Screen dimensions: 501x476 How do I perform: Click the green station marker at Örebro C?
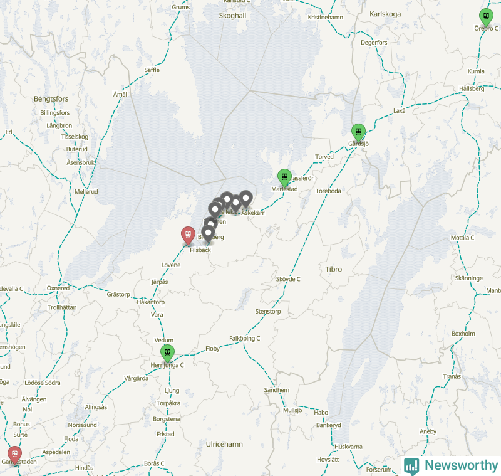485,17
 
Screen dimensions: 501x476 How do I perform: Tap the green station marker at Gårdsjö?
358,132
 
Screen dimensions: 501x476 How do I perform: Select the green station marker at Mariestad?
284,177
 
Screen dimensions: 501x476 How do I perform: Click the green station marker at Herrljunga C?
167,353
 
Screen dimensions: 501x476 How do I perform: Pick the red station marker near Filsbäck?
187,235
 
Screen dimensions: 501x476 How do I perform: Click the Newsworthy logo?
452,465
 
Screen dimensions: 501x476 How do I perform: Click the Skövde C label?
288,278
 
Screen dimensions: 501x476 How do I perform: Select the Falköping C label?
244,338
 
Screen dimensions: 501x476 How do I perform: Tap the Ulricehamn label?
224,444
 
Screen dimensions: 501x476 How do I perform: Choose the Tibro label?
334,269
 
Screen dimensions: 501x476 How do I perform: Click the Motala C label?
463,238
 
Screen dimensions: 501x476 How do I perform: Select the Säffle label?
152,70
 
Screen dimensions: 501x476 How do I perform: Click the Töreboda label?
328,191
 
